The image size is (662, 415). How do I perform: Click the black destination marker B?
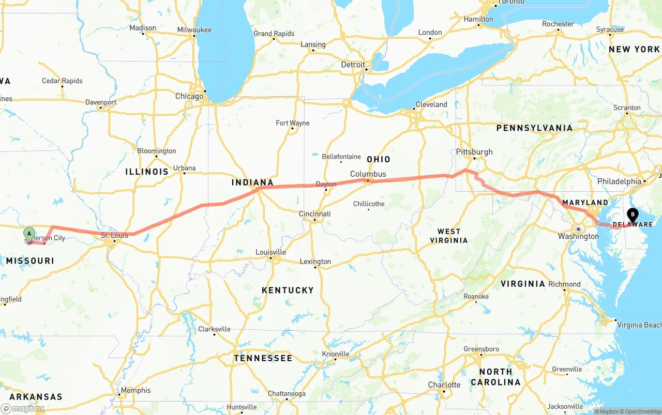click(633, 214)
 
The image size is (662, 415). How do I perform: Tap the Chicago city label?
click(189, 96)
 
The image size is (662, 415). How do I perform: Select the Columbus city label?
click(368, 174)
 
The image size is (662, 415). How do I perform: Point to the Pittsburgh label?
click(474, 152)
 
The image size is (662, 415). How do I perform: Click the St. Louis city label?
click(114, 236)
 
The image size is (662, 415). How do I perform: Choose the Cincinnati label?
click(314, 214)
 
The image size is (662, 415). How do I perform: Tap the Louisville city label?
click(270, 252)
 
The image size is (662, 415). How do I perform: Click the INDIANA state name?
click(252, 182)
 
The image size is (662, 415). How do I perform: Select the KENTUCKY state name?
click(288, 290)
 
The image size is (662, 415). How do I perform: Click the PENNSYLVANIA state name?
click(534, 128)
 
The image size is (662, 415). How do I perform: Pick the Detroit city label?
click(353, 65)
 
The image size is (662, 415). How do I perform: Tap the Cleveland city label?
click(431, 104)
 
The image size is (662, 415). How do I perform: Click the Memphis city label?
click(136, 390)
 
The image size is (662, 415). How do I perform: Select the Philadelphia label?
click(619, 181)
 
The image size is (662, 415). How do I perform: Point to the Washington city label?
click(578, 236)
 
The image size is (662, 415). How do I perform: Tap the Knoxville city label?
click(335, 354)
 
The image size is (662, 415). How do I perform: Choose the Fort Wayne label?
click(293, 123)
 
